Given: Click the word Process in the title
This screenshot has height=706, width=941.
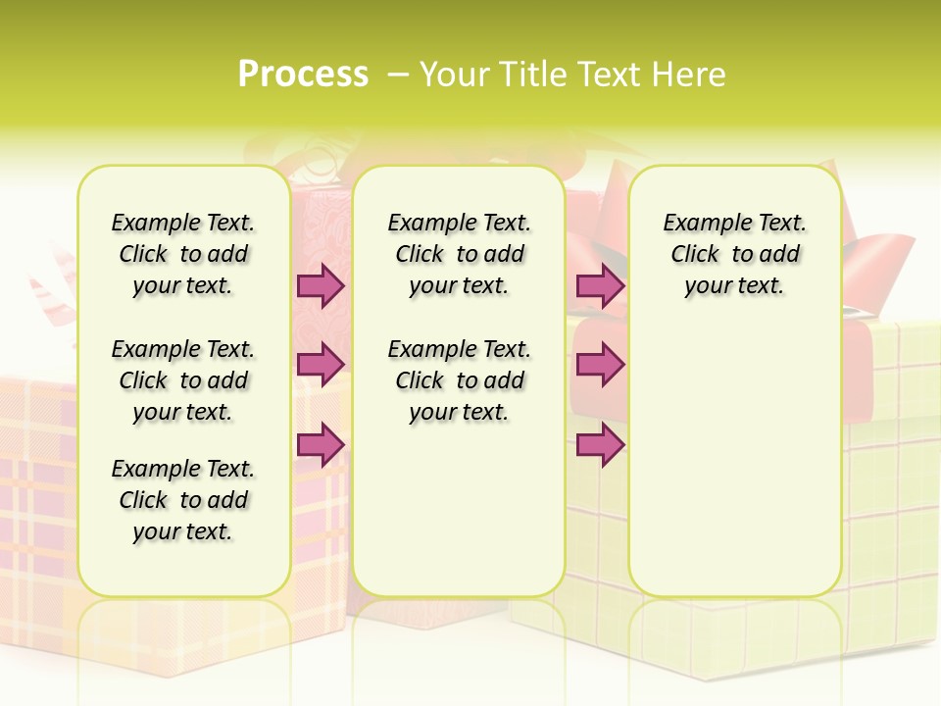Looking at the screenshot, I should (303, 74).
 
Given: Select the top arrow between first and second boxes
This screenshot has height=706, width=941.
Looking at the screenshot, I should (321, 285).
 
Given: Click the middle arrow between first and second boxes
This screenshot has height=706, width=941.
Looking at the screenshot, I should (321, 364).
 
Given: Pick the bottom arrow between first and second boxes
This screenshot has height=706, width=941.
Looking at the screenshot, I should (321, 444).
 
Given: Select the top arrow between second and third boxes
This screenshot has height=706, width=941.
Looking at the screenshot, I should (600, 285).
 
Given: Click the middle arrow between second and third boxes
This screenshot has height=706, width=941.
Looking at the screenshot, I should (600, 365).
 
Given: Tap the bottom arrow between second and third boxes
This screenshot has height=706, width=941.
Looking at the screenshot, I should (600, 445).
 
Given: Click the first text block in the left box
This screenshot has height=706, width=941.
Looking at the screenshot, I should (183, 254).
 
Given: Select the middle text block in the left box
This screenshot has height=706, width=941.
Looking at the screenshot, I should (183, 380).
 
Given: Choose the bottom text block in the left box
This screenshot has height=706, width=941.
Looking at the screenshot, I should (183, 500).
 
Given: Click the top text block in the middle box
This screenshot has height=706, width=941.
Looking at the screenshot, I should (459, 254).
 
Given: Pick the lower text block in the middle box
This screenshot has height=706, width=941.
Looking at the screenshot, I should (459, 380).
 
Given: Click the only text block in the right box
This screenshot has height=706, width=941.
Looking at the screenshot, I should (734, 254).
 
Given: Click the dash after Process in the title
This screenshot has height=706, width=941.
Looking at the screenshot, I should (398, 74).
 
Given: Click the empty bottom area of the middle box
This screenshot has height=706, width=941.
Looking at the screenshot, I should (459, 520).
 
